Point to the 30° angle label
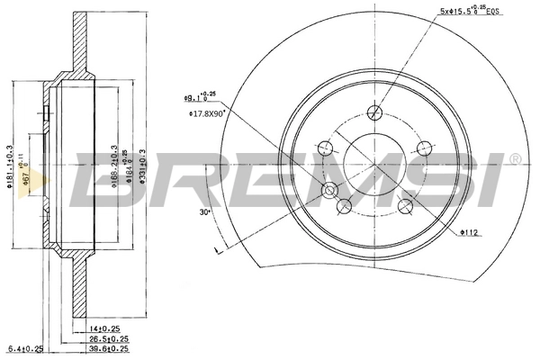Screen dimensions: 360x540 (x=205, y=212)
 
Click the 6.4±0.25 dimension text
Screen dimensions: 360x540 (x=24, y=348)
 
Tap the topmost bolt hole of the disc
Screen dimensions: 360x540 (x=373, y=112)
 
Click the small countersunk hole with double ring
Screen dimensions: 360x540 (x=330, y=190)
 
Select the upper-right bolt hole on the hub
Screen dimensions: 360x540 (x=418, y=149)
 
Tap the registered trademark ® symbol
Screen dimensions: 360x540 (x=514, y=159)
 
